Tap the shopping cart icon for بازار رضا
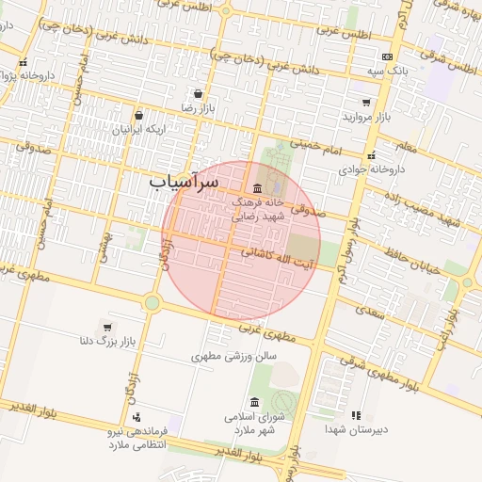pos(197,94)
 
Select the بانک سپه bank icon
pos(387,57)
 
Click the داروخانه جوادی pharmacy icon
pos(372,156)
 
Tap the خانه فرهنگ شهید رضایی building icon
pos(258,188)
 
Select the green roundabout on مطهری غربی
pos(152,302)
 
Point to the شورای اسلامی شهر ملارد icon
pos(255,402)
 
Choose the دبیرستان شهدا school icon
pos(355,415)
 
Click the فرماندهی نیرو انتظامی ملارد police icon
pos(137,417)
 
